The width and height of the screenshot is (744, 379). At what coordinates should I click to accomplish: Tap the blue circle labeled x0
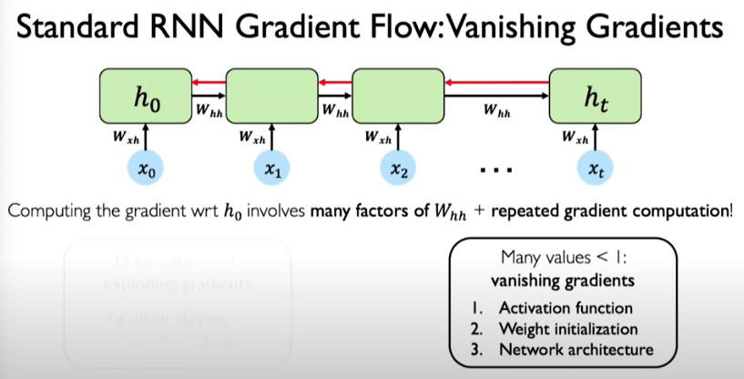[145, 169]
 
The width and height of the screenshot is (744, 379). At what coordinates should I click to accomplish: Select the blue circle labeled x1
[270, 169]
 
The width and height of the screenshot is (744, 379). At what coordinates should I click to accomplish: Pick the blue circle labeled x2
[397, 169]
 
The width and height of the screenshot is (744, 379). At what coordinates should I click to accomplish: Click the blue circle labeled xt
[595, 169]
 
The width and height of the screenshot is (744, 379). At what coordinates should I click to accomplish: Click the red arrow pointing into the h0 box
[208, 83]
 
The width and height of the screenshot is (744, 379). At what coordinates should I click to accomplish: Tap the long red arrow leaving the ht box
[496, 83]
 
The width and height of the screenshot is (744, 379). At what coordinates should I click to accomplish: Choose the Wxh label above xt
[574, 138]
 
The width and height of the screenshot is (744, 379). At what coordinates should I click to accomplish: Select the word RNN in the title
[191, 29]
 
